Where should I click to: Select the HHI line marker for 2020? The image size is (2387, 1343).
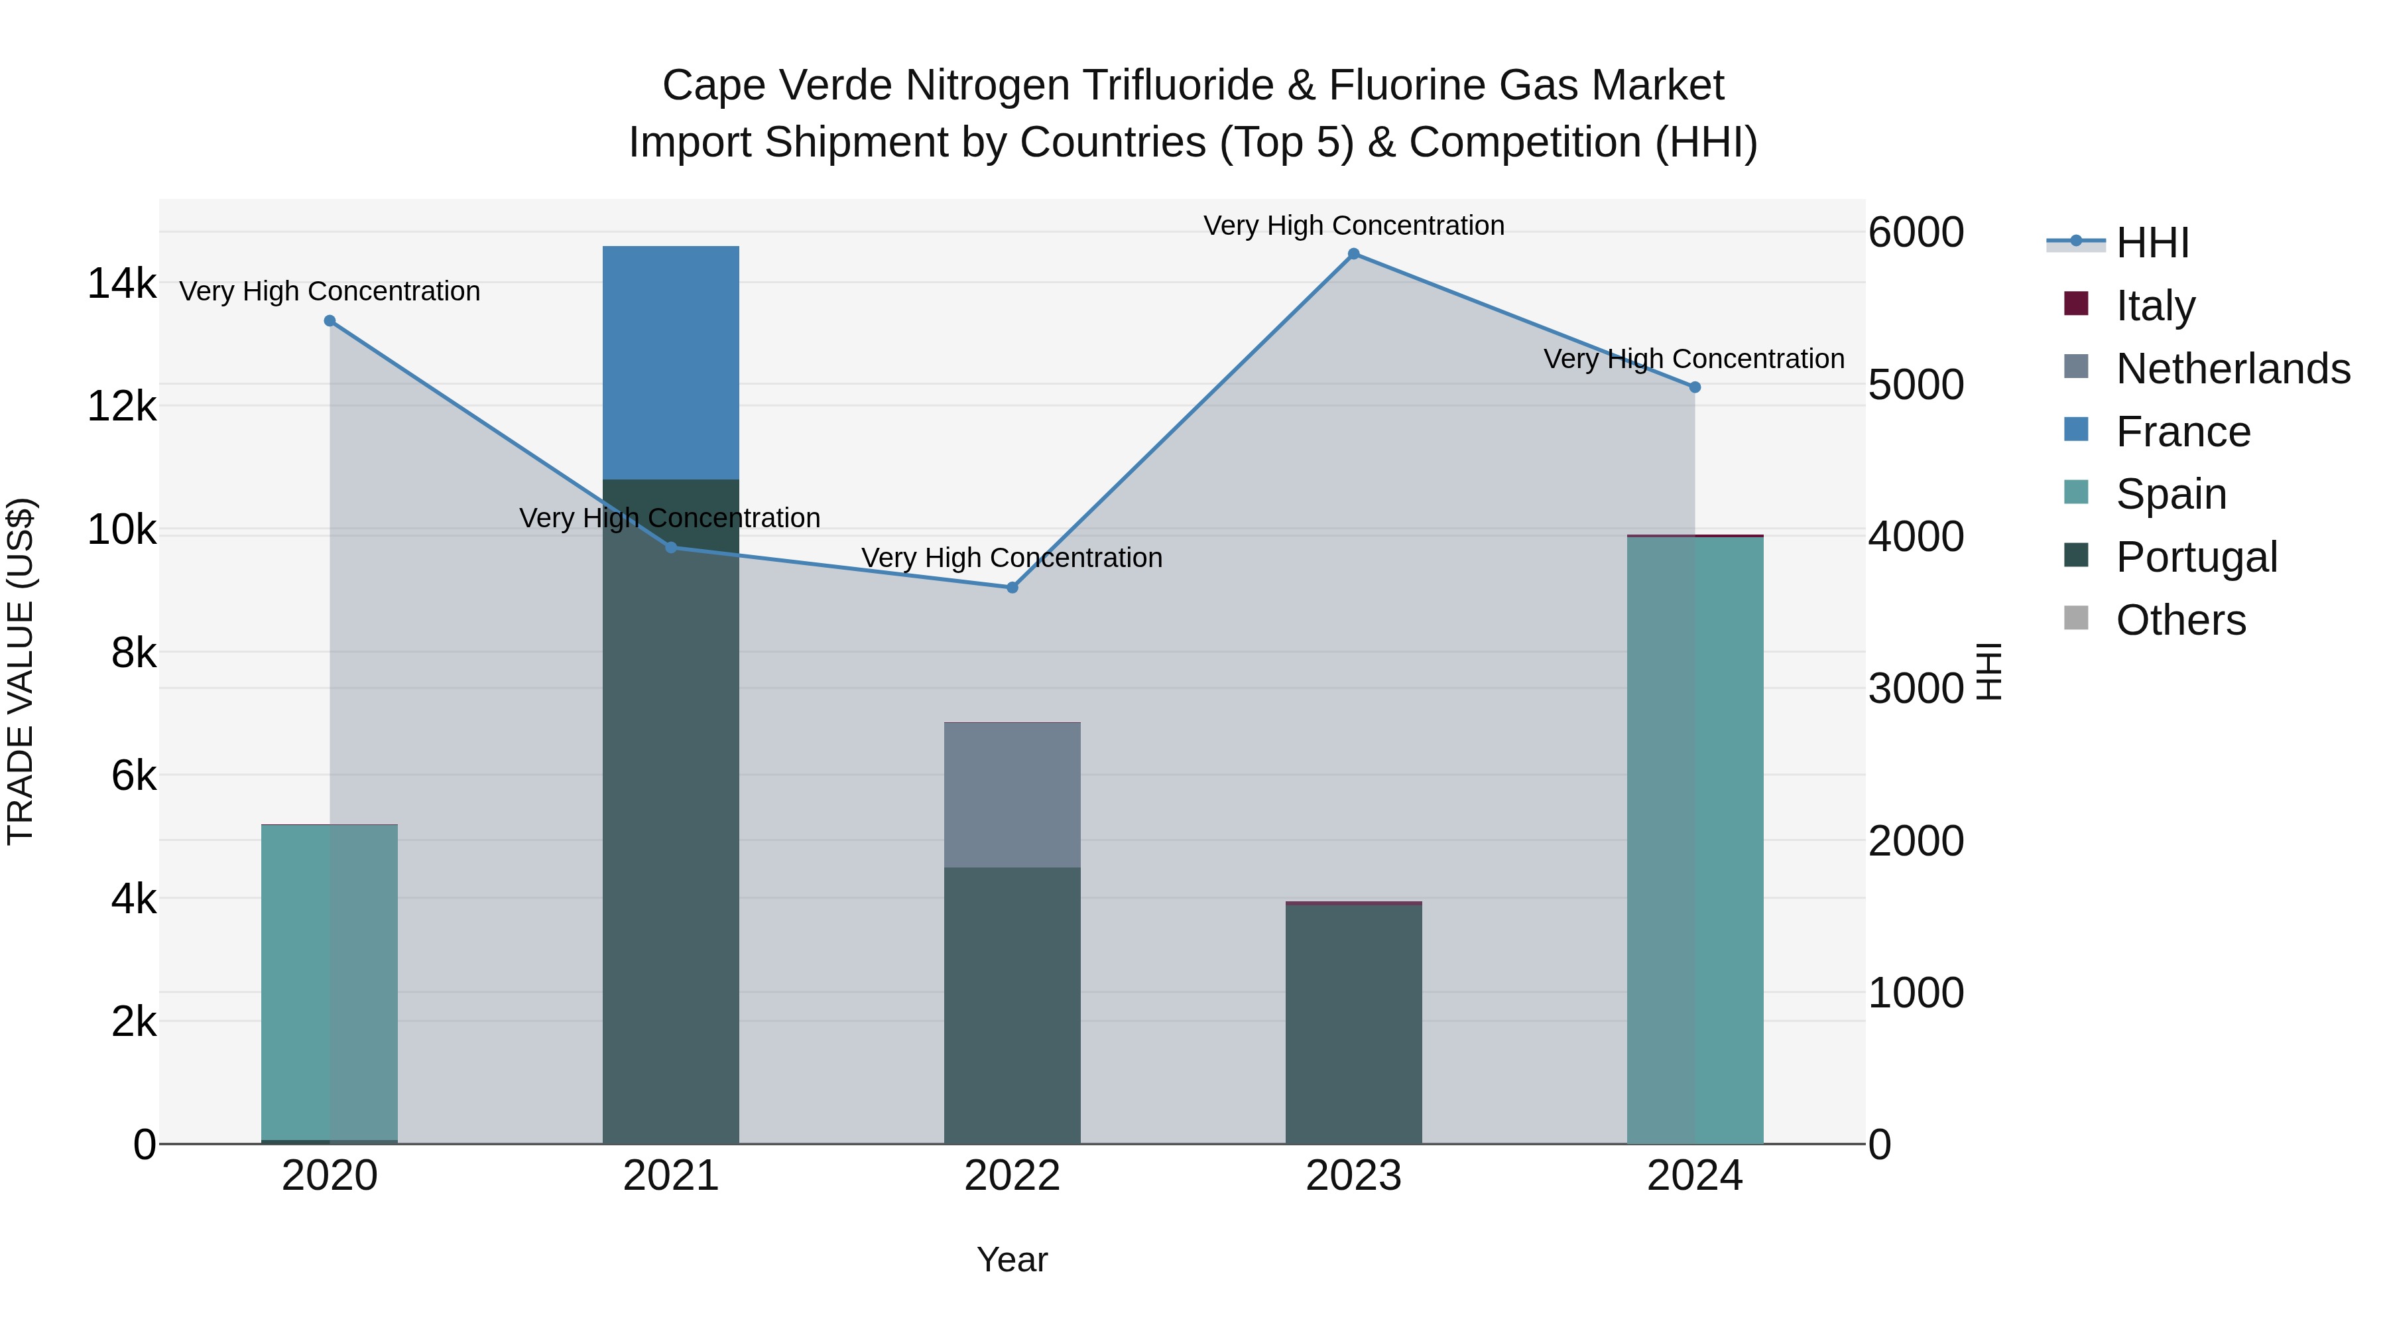coord(330,321)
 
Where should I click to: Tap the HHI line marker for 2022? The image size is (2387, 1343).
coord(1012,588)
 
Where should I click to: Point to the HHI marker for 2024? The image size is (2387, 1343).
coord(1695,387)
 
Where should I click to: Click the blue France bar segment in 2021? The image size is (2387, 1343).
coord(671,362)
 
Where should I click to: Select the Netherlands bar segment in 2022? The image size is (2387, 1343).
coord(1012,795)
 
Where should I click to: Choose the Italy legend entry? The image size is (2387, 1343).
coord(2156,306)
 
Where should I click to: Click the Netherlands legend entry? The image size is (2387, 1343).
coord(2233,369)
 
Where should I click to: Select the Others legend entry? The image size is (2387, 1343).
coord(2180,620)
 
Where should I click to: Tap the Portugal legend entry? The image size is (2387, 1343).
coord(2196,557)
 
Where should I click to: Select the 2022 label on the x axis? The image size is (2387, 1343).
coord(1012,1176)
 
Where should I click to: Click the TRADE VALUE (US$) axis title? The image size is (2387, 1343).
coord(21,671)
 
